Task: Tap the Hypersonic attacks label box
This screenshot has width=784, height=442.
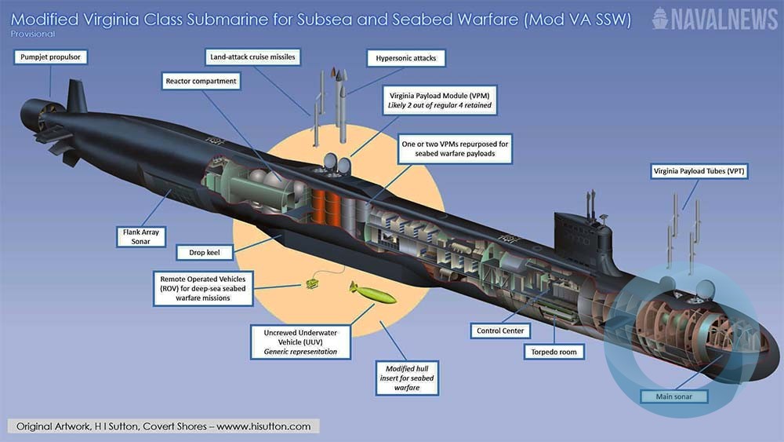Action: (406, 58)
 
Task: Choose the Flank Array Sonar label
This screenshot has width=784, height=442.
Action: (141, 236)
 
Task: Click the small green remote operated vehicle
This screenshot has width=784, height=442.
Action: (313, 281)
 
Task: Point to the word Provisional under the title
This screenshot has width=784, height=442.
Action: (33, 35)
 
